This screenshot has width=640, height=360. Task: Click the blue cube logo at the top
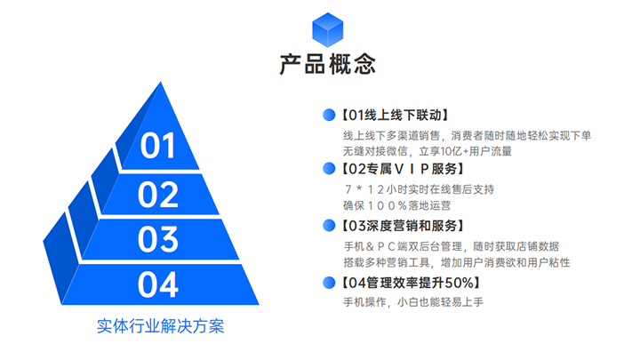pos(327,30)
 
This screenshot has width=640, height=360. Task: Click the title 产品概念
pos(327,65)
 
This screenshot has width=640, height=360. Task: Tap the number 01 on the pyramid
pos(159,146)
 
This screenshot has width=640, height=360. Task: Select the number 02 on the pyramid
pos(159,194)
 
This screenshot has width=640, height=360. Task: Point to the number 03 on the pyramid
pos(159,239)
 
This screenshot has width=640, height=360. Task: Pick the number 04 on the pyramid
pos(159,284)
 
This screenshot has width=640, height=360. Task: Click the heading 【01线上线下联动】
pos(396,115)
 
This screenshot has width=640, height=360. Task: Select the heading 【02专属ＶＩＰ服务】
pos(403,168)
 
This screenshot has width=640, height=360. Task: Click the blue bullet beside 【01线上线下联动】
pos(329,115)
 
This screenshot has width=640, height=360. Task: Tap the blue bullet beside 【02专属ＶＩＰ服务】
pos(329,168)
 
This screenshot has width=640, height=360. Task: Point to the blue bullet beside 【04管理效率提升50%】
pos(329,283)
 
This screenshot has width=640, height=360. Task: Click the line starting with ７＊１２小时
pos(418,188)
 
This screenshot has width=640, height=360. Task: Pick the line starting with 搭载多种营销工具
pos(456,262)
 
